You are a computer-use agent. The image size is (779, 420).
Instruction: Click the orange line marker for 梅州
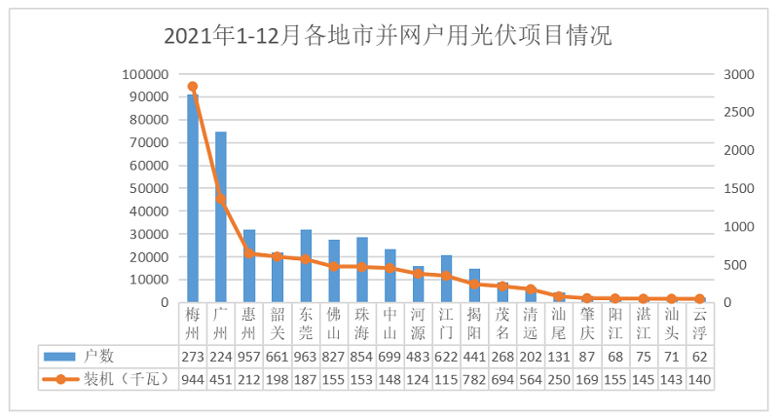pyautogui.click(x=193, y=87)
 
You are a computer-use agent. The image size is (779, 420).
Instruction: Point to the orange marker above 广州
pyautogui.click(x=221, y=199)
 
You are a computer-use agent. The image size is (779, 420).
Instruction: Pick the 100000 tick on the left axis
pyautogui.click(x=145, y=75)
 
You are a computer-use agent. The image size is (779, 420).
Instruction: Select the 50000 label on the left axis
pyautogui.click(x=148, y=189)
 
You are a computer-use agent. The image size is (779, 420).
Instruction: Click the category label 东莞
pyautogui.click(x=306, y=323)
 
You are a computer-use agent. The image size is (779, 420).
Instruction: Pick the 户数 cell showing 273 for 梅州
pyautogui.click(x=193, y=356)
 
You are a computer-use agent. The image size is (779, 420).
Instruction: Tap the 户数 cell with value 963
pyautogui.click(x=306, y=356)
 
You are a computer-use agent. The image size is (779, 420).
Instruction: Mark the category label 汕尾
pyautogui.click(x=559, y=323)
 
